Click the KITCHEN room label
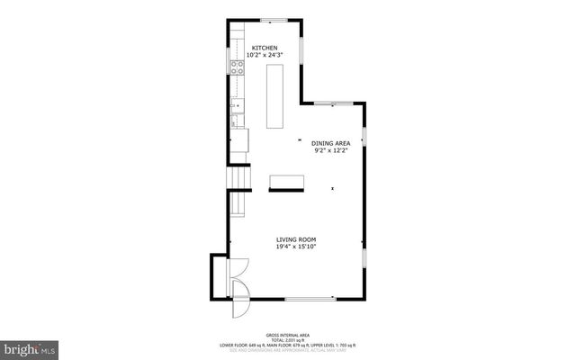click(264, 48)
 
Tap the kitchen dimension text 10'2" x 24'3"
click(264, 55)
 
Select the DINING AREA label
click(330, 143)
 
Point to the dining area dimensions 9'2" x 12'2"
click(330, 150)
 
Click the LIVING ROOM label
click(295, 239)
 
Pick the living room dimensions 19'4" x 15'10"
click(295, 247)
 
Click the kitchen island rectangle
click(274, 95)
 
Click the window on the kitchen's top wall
click(274, 19)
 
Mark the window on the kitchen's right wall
click(301, 61)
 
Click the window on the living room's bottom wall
click(310, 299)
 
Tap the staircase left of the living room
click(238, 192)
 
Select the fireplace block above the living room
click(287, 183)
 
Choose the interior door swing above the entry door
click(239, 267)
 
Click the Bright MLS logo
click(31, 346)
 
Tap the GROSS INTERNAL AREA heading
click(287, 332)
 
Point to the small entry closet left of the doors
click(220, 276)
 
